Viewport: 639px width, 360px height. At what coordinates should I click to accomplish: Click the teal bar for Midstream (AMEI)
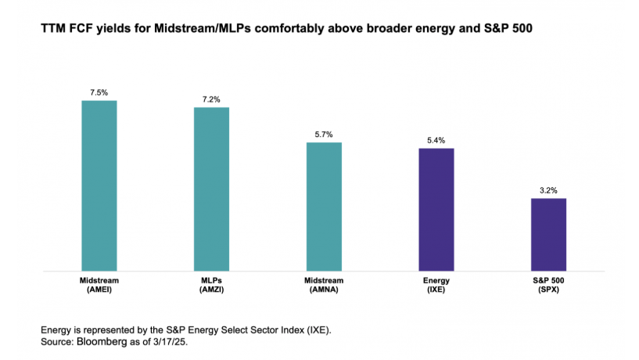tap(99, 185)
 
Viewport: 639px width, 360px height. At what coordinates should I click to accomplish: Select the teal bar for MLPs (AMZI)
tap(212, 189)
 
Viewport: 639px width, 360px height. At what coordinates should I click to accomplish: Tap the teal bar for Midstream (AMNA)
tap(324, 207)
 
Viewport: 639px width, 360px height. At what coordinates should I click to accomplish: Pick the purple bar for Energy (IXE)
tap(436, 210)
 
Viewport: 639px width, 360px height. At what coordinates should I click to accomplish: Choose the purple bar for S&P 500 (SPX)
tap(548, 235)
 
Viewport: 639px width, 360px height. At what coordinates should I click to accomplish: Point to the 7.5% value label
tap(99, 92)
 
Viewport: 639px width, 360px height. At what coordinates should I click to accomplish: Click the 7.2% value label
tap(212, 99)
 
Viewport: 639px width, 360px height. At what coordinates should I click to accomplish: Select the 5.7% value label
tap(324, 135)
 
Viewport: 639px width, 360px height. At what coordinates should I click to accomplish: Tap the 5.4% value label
tap(436, 140)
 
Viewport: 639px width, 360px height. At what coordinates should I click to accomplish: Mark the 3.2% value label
tap(548, 190)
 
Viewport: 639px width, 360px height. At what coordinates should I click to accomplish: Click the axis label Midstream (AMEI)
tap(99, 283)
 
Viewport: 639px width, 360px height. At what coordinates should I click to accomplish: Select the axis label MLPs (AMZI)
tap(212, 283)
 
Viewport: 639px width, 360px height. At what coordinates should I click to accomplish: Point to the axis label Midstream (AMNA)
tap(324, 283)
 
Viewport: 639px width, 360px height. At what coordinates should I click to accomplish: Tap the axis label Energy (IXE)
tap(436, 283)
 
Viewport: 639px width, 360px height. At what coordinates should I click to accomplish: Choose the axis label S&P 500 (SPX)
tap(548, 283)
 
